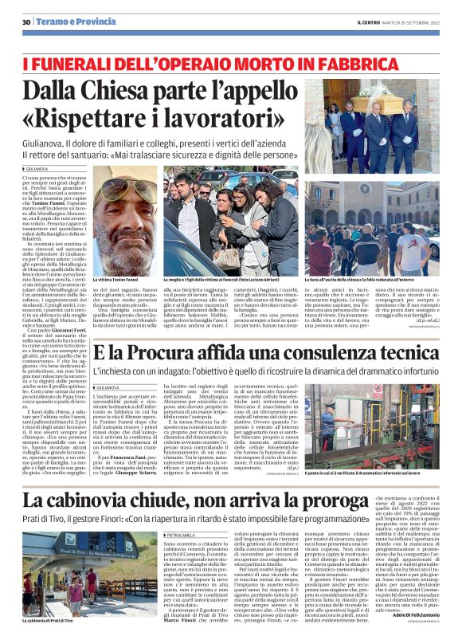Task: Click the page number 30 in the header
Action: coord(26,22)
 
